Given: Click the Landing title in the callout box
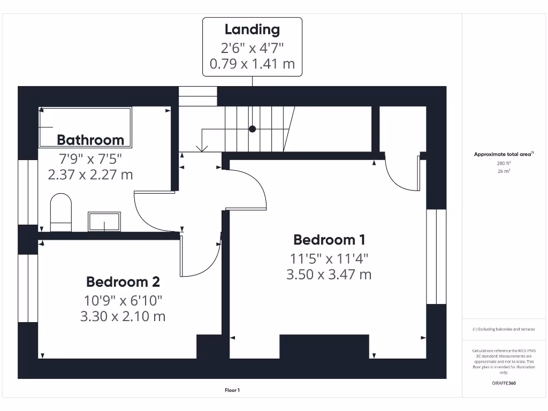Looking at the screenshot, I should click(252, 29).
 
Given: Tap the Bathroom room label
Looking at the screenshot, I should click(90, 140).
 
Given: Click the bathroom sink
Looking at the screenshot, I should click(104, 222).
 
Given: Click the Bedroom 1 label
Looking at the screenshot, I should click(329, 239).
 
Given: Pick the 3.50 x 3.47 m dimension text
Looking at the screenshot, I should click(329, 275).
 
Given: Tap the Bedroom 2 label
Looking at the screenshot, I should click(123, 281).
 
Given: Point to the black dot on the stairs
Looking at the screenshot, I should click(252, 129).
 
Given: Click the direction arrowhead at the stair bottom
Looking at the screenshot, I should click(202, 149).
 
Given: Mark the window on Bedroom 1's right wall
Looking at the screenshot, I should click(436, 256).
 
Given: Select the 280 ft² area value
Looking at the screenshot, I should click(503, 164).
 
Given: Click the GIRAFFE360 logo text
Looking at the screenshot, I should click(503, 383).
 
